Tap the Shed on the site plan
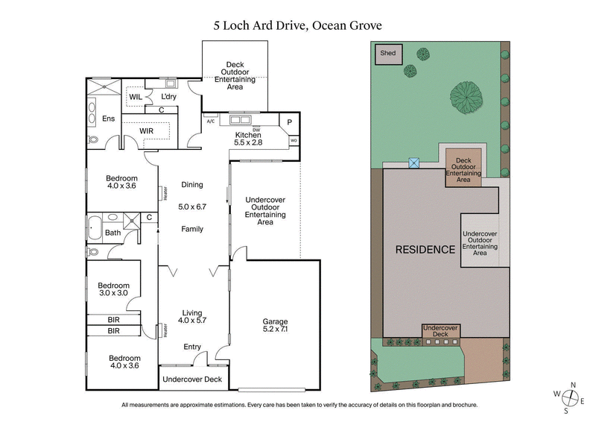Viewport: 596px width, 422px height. tap(388, 54)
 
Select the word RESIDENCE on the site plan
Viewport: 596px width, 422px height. tap(425, 250)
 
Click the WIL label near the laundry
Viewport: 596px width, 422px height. tap(136, 97)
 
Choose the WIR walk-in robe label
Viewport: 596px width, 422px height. tap(146, 131)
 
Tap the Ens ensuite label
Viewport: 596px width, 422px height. tap(109, 119)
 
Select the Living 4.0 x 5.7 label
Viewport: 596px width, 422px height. tap(192, 318)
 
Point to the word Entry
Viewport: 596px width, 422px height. tap(192, 346)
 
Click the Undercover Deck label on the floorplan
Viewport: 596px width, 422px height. tap(192, 380)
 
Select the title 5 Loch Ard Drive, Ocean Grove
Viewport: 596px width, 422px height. tap(297, 25)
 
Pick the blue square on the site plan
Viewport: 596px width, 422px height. tap(413, 162)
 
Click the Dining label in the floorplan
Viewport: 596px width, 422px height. tap(192, 185)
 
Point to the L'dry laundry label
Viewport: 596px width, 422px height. tap(168, 97)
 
